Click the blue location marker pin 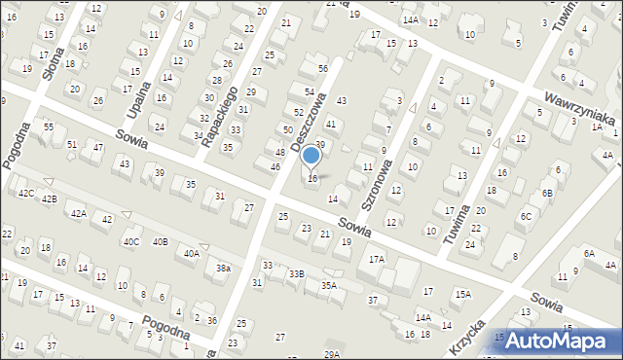click(x=311, y=156)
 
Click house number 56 click(x=322, y=69)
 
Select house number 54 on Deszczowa click(x=310, y=91)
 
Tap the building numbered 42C click(x=26, y=194)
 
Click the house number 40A click(x=192, y=254)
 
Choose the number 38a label click(x=223, y=269)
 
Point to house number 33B click(x=296, y=274)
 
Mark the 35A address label click(x=329, y=285)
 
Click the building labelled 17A click(x=377, y=259)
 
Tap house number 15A click(x=462, y=294)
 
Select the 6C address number click(x=526, y=216)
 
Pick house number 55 click(x=48, y=127)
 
